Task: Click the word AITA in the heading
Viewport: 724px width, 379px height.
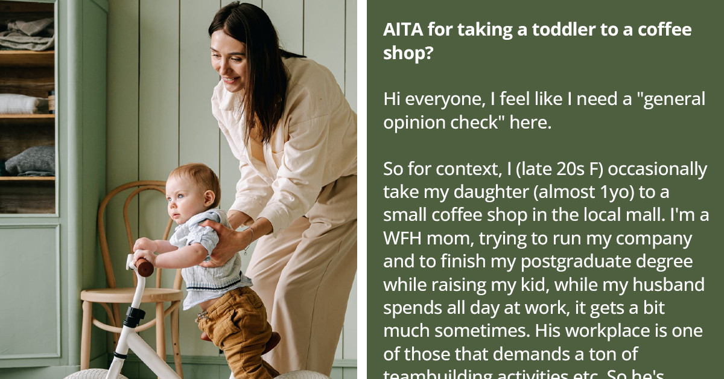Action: click(404, 30)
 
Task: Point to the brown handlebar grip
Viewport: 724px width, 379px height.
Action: click(144, 267)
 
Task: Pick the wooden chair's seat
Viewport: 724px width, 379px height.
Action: click(130, 295)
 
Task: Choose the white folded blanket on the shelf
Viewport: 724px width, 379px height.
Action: click(24, 103)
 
